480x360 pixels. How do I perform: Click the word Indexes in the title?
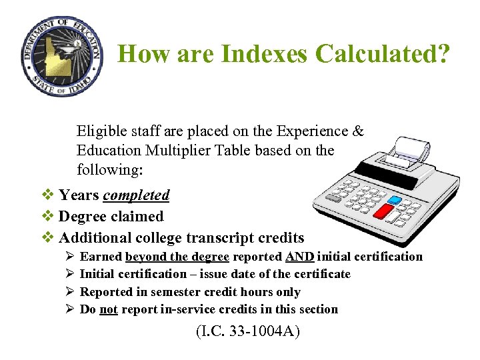(x=252, y=53)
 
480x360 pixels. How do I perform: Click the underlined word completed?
(x=136, y=195)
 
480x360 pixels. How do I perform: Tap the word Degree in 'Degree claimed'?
(x=83, y=216)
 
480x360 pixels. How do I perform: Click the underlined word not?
(x=109, y=309)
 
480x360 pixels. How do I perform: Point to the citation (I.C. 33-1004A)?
(x=248, y=331)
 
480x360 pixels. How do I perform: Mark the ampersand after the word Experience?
(x=358, y=131)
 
